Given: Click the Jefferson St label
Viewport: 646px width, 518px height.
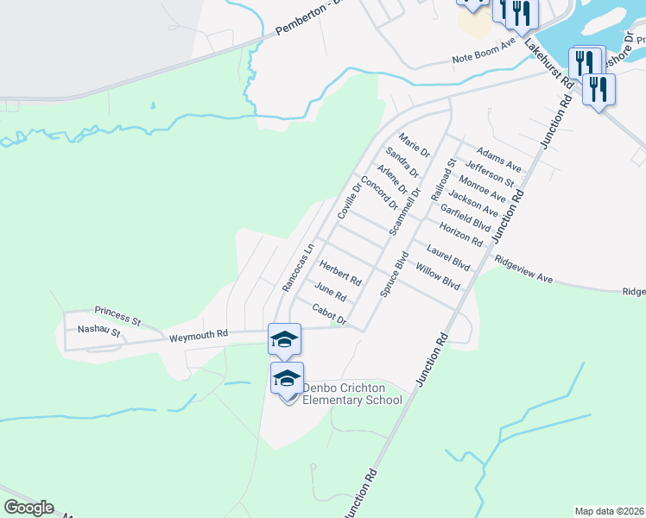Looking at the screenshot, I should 489,173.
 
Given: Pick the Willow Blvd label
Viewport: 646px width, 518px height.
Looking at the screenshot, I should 438,276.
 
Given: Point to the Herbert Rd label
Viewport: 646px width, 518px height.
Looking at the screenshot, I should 340,273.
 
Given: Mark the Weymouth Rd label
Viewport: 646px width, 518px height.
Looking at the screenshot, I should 198,335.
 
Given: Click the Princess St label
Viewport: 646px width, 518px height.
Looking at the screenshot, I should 117,311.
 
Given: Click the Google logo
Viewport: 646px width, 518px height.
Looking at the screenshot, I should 28,508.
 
